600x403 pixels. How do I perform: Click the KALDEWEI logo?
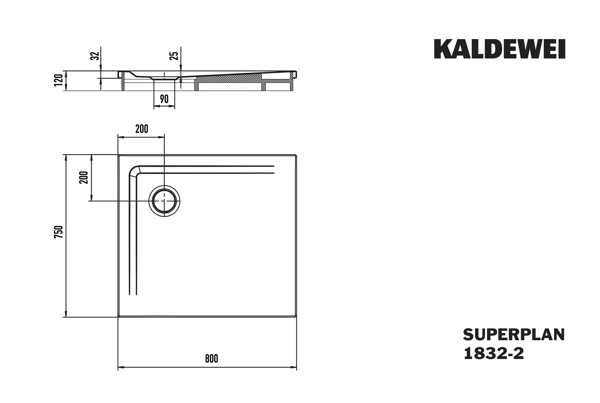tap(499, 49)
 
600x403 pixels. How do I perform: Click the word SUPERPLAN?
tap(514, 335)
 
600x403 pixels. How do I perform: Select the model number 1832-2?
tap(494, 353)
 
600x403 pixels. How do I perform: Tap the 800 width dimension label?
tap(211, 358)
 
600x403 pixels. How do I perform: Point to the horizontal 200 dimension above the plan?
tap(142, 129)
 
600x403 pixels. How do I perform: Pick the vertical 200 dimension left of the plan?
tap(84, 177)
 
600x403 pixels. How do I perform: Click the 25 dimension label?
tap(174, 56)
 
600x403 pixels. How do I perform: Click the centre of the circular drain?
tap(164, 201)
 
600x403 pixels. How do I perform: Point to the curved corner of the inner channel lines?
tap(134, 171)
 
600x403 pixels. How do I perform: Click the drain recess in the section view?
tap(164, 78)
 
